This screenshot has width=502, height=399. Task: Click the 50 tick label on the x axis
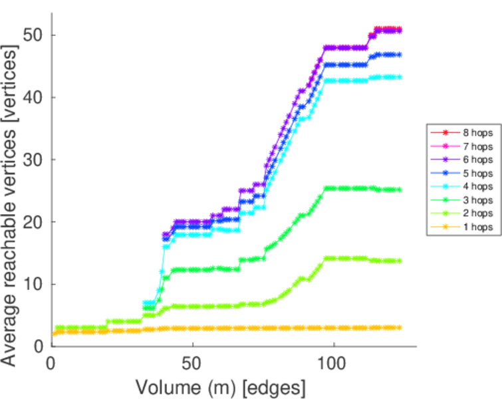(x=192, y=363)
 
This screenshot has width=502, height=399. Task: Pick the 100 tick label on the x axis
(x=333, y=363)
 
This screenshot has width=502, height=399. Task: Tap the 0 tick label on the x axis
(x=51, y=363)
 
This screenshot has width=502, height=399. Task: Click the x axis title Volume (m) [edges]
(x=221, y=386)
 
